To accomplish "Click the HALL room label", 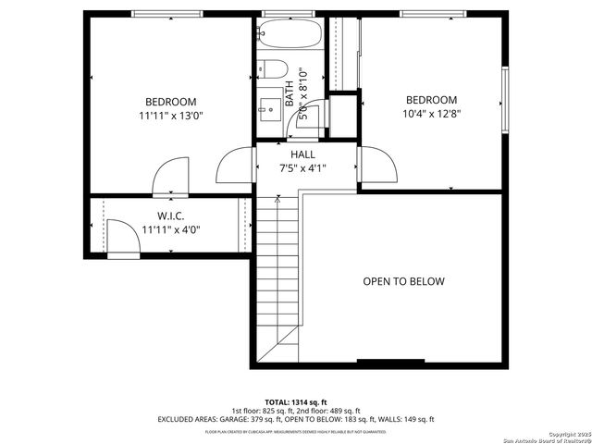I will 302,154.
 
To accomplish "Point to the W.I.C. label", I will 171,216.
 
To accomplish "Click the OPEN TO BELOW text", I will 403,281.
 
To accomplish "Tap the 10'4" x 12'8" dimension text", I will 431,115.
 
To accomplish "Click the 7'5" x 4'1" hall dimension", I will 302,168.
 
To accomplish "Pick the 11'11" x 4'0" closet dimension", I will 171,230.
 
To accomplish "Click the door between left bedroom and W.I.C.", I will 173,178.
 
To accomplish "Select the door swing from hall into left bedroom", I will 234,166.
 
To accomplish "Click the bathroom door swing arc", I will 312,116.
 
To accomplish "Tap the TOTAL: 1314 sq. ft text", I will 296,402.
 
